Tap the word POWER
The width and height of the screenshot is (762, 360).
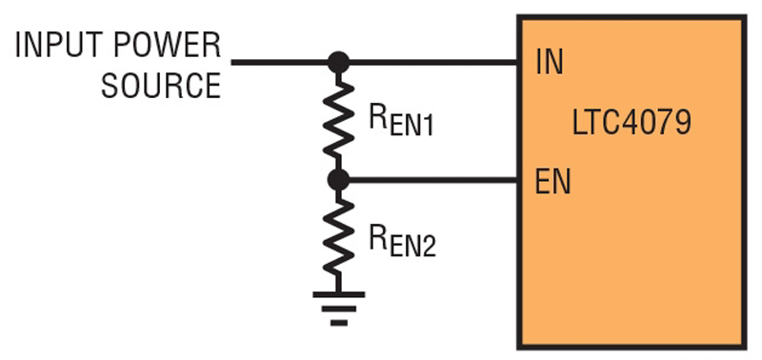tap(170, 45)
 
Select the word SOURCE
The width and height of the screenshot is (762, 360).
tap(160, 86)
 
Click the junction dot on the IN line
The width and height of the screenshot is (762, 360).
tap(337, 63)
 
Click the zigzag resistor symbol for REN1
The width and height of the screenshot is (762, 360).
tap(337, 121)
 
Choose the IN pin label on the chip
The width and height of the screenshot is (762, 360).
tap(549, 64)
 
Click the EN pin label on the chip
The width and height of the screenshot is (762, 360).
tap(552, 181)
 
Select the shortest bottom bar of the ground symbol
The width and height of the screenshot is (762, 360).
tap(337, 322)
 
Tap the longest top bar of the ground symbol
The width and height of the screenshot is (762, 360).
tap(337, 294)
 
